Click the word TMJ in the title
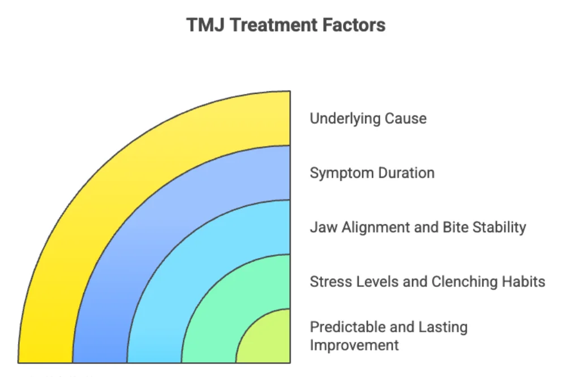pyautogui.click(x=202, y=25)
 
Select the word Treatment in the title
pyautogui.click(x=262, y=25)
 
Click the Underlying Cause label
pyautogui.click(x=368, y=118)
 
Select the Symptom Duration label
pyautogui.click(x=372, y=173)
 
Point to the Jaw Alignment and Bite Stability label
pyautogui.click(x=418, y=228)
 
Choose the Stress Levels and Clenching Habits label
pyautogui.click(x=427, y=281)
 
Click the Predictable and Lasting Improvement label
pyautogui.click(x=388, y=336)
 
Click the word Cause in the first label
pyautogui.click(x=406, y=118)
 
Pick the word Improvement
pyautogui.click(x=354, y=345)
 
